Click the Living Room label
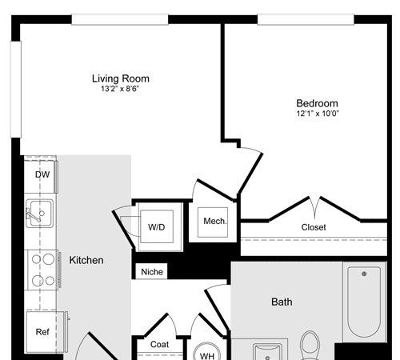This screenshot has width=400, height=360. (x=121, y=78)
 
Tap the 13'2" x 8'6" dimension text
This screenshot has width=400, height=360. (x=120, y=89)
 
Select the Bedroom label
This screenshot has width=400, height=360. (x=317, y=103)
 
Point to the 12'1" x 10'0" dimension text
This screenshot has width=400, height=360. (x=318, y=114)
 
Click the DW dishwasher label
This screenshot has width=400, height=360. (x=42, y=174)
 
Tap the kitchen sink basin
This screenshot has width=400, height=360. (x=40, y=214)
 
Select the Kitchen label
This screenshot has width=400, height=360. (x=86, y=260)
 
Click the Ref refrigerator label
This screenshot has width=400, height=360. (x=42, y=332)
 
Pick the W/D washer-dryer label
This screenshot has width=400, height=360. (x=157, y=227)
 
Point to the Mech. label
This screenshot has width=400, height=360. (x=215, y=221)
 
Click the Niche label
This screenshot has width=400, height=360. (x=152, y=272)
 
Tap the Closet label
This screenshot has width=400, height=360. (x=314, y=227)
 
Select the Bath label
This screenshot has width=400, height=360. (x=282, y=302)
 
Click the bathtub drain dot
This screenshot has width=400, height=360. (x=364, y=274)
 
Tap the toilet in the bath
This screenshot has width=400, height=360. (x=310, y=346)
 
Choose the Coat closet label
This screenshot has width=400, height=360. (x=159, y=344)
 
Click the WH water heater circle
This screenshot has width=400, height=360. (x=206, y=351)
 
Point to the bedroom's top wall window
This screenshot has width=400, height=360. (x=306, y=19)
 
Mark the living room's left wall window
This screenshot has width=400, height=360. (x=16, y=90)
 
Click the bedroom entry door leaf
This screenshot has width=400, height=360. (x=250, y=173)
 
